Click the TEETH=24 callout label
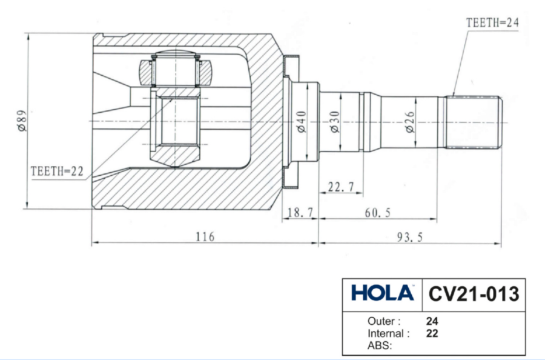coord(492,23)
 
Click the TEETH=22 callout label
coord(57,171)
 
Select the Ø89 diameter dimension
coord(22,121)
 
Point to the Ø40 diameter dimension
coord(302,122)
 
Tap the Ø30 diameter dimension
coord(334,122)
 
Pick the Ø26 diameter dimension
coord(410,122)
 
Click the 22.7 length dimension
coord(341,187)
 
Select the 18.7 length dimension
coord(300,212)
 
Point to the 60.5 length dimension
coord(377,213)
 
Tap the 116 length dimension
coord(205,237)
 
